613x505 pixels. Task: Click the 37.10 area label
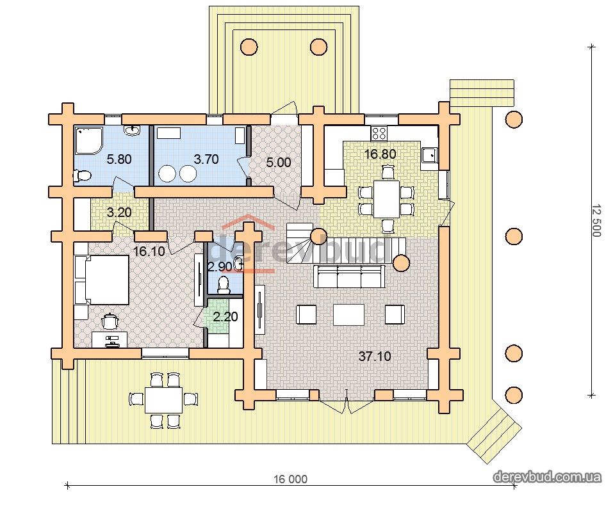click(x=375, y=357)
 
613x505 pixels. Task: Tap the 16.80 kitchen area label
click(x=380, y=154)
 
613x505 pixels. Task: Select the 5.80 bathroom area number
click(x=119, y=159)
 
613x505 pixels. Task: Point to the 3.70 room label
click(x=206, y=159)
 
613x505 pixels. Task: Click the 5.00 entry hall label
click(x=279, y=162)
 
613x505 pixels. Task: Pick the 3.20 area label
click(x=119, y=212)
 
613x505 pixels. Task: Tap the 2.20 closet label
click(x=225, y=316)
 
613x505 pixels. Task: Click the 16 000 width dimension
click(x=290, y=479)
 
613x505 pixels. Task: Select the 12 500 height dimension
click(x=596, y=221)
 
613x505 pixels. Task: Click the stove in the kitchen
click(x=379, y=133)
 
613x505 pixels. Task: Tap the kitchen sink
click(x=429, y=155)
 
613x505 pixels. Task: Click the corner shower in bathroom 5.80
click(x=89, y=140)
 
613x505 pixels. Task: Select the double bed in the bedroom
click(x=102, y=280)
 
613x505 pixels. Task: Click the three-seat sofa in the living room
click(x=349, y=276)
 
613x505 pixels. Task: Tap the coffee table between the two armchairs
click(x=348, y=315)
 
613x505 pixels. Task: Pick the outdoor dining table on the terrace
click(x=163, y=399)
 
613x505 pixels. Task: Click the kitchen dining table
click(x=387, y=198)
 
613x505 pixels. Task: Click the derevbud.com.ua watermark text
click(x=547, y=477)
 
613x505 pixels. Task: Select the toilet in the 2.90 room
click(x=224, y=285)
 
